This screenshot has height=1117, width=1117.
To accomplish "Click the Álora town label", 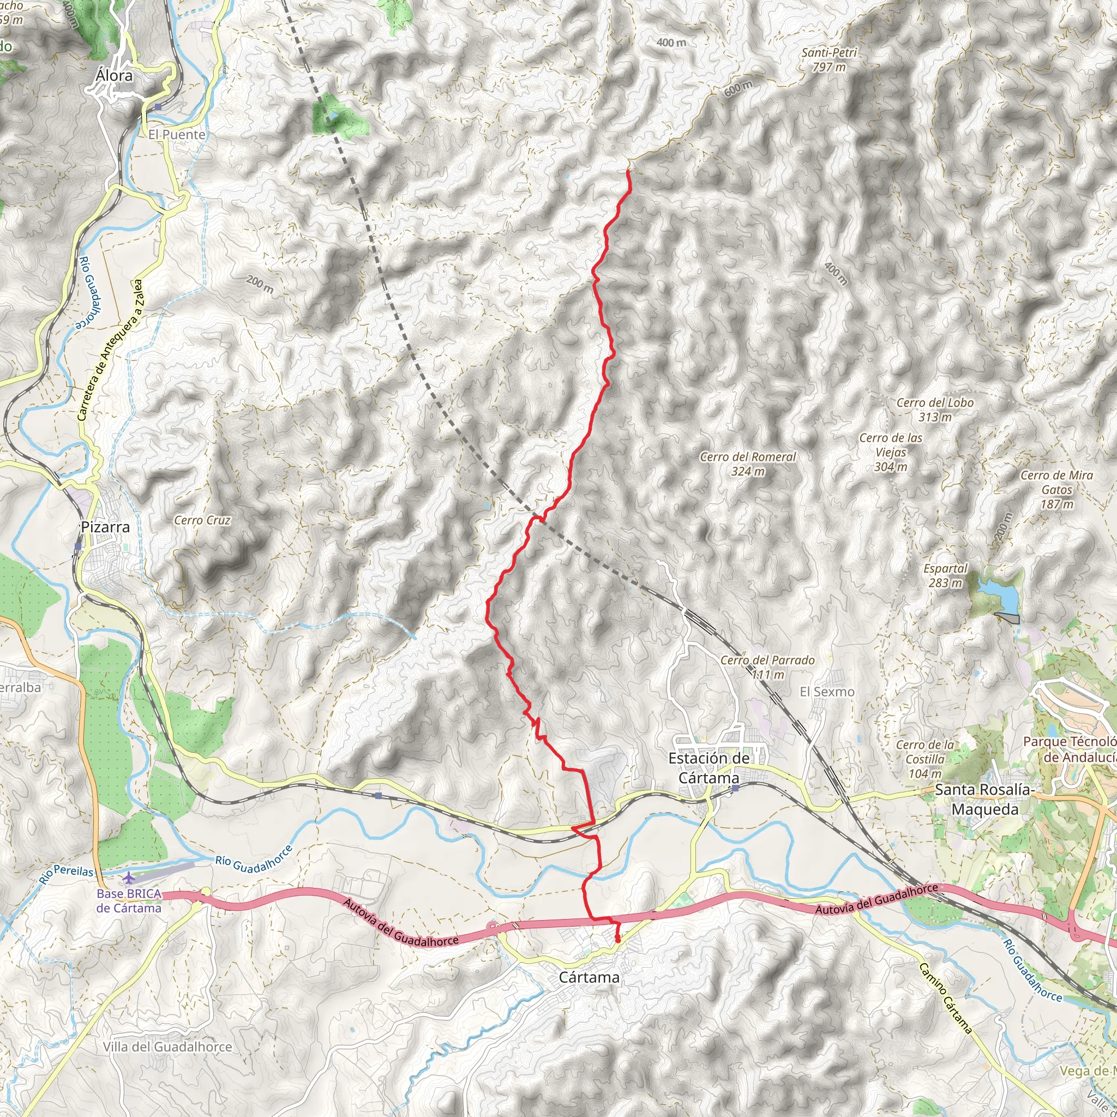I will (114, 76).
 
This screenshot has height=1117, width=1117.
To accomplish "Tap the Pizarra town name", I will (105, 527).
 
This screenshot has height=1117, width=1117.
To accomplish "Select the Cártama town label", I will (589, 977).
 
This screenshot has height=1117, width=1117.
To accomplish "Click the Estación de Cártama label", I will (709, 768).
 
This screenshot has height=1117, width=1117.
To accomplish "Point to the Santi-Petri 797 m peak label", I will (828, 59).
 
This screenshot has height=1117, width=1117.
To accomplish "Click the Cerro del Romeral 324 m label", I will (748, 464).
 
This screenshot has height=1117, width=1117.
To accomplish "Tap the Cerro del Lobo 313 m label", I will (935, 410).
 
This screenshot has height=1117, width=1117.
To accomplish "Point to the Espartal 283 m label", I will (945, 575).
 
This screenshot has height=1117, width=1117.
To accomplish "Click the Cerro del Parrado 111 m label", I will (767, 666).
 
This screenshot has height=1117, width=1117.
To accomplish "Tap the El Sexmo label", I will (827, 692).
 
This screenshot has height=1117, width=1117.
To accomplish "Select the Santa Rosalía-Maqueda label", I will (984, 799).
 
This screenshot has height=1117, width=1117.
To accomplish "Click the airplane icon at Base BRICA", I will (128, 878).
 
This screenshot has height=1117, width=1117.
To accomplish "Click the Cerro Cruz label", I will (202, 520).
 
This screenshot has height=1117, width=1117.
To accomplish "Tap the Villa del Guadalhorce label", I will (167, 1047).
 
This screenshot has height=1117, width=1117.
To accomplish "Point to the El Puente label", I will (177, 134).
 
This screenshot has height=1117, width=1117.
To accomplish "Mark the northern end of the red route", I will (628, 170).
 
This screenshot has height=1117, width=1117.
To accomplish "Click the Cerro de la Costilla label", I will (924, 759).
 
